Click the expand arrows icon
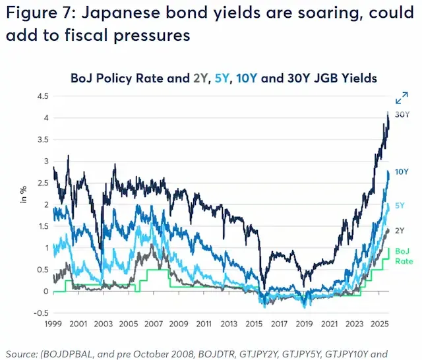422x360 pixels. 402,98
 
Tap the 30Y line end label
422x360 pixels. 402,115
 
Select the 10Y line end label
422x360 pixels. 402,171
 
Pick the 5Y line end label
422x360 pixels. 400,206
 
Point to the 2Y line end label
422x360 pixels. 400,231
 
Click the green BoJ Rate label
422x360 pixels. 404,256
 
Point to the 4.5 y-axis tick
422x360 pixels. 43,96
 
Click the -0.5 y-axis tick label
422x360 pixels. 41,313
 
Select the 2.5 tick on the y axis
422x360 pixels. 43,183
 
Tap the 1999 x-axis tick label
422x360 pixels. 53,324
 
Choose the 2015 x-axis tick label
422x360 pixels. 254,324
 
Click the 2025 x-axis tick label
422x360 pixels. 380,324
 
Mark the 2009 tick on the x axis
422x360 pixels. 179,324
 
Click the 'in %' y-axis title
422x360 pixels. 24,195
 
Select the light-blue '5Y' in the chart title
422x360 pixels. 222,78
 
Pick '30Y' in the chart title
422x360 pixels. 297,78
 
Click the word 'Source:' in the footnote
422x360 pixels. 22,354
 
